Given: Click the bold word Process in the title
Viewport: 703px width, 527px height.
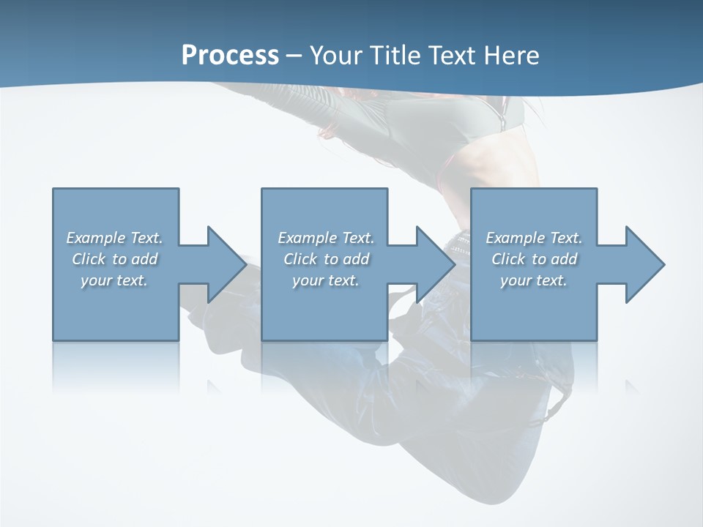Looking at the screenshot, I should [x=230, y=56].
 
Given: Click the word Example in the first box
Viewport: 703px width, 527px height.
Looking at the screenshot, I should [x=96, y=238].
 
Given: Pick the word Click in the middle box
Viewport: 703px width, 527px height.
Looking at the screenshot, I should [x=300, y=259].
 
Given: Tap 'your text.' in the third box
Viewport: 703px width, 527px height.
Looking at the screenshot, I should [x=533, y=280].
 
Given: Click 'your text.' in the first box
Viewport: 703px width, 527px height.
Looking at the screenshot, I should [x=114, y=280].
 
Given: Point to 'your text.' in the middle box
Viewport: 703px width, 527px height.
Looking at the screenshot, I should [x=325, y=280].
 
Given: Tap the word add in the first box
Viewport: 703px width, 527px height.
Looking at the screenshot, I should [x=144, y=259].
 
